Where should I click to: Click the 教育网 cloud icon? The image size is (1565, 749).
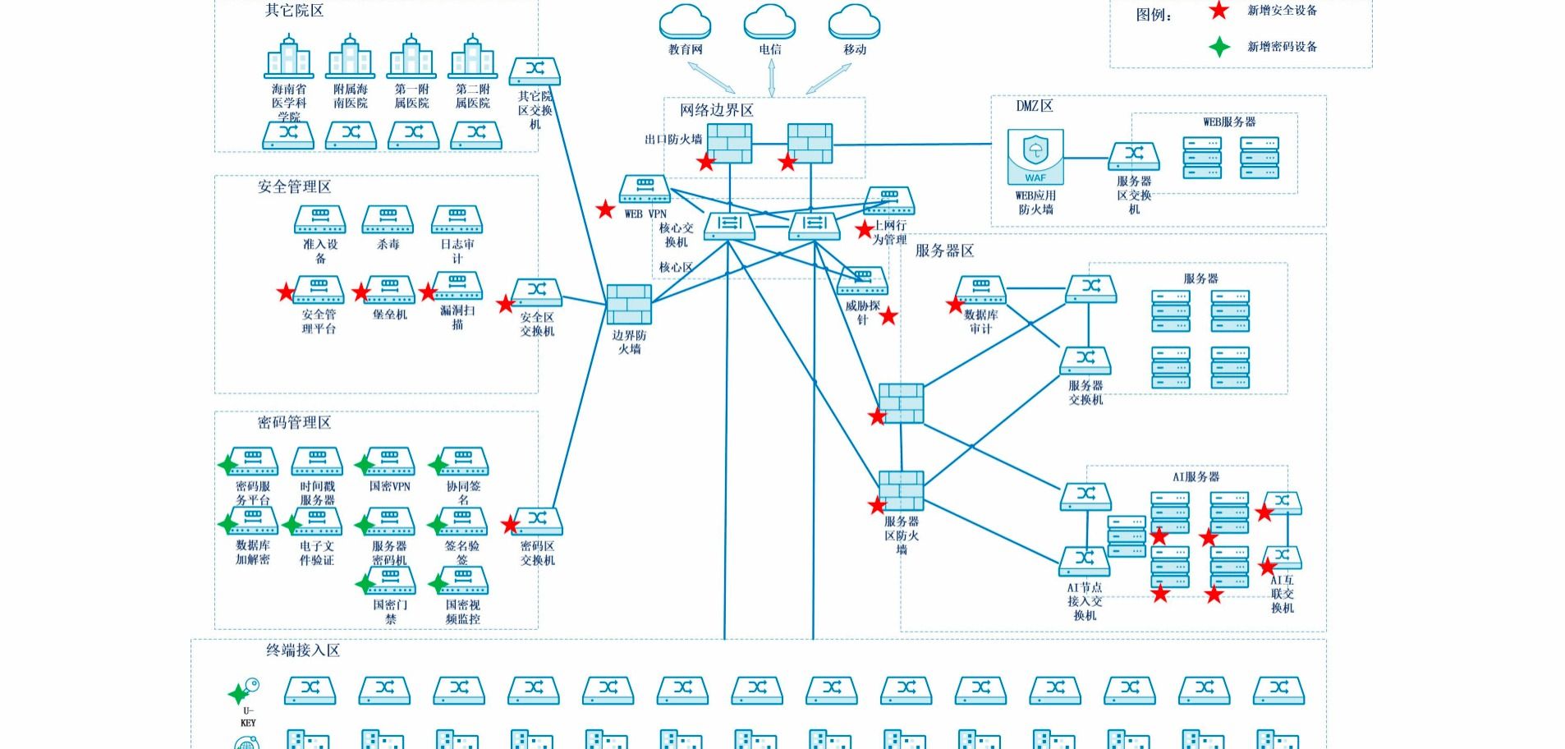(x=685, y=22)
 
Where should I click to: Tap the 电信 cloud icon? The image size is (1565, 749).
(x=769, y=22)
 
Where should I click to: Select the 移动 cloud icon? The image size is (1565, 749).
(x=854, y=22)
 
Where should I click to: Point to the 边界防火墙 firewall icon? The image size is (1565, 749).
(x=629, y=305)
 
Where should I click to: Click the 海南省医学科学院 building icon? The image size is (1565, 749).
(x=289, y=57)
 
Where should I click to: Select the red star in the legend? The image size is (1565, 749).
(x=1219, y=11)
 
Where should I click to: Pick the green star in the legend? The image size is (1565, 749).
(x=1219, y=47)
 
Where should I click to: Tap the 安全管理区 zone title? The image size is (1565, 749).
(x=294, y=187)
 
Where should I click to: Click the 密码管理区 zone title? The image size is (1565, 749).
(x=294, y=423)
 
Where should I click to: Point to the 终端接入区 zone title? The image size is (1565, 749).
(x=302, y=650)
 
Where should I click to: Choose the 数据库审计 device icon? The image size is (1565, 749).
(x=981, y=290)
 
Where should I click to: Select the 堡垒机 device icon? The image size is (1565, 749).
(x=390, y=290)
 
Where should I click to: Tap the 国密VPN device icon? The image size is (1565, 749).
(x=390, y=462)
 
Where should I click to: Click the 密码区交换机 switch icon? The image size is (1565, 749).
(x=537, y=522)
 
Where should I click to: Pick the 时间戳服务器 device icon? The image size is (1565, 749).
(x=317, y=462)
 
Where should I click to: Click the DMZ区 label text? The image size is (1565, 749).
(x=1034, y=106)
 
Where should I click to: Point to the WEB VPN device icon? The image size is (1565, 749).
(x=645, y=189)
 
